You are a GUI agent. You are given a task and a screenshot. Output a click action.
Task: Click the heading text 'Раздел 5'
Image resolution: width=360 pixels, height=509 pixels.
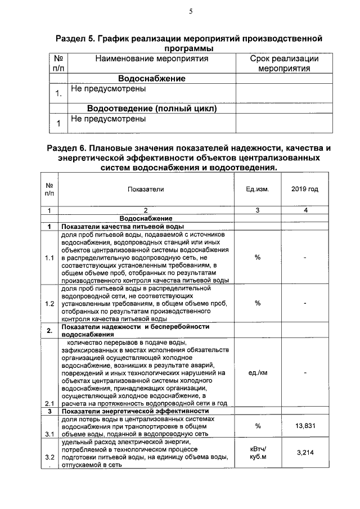(76, 39)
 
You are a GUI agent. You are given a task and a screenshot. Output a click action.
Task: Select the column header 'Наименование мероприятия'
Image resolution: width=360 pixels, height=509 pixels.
(151, 58)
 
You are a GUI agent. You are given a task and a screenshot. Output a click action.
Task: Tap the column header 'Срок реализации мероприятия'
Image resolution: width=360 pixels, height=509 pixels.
(284, 64)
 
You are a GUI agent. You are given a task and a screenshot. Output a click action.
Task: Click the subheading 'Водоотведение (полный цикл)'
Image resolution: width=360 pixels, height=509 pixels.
(151, 108)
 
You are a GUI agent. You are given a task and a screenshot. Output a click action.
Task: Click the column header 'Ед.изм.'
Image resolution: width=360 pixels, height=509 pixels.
(258, 189)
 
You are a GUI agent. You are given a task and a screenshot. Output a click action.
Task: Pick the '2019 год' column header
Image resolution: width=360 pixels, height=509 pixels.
(304, 189)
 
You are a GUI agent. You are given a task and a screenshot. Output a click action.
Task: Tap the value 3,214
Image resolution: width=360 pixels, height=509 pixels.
(304, 452)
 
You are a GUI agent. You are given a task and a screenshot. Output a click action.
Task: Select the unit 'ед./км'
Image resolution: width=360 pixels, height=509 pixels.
(258, 372)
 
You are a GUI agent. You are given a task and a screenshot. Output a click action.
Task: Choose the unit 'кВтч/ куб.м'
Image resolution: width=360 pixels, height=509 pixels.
(258, 452)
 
